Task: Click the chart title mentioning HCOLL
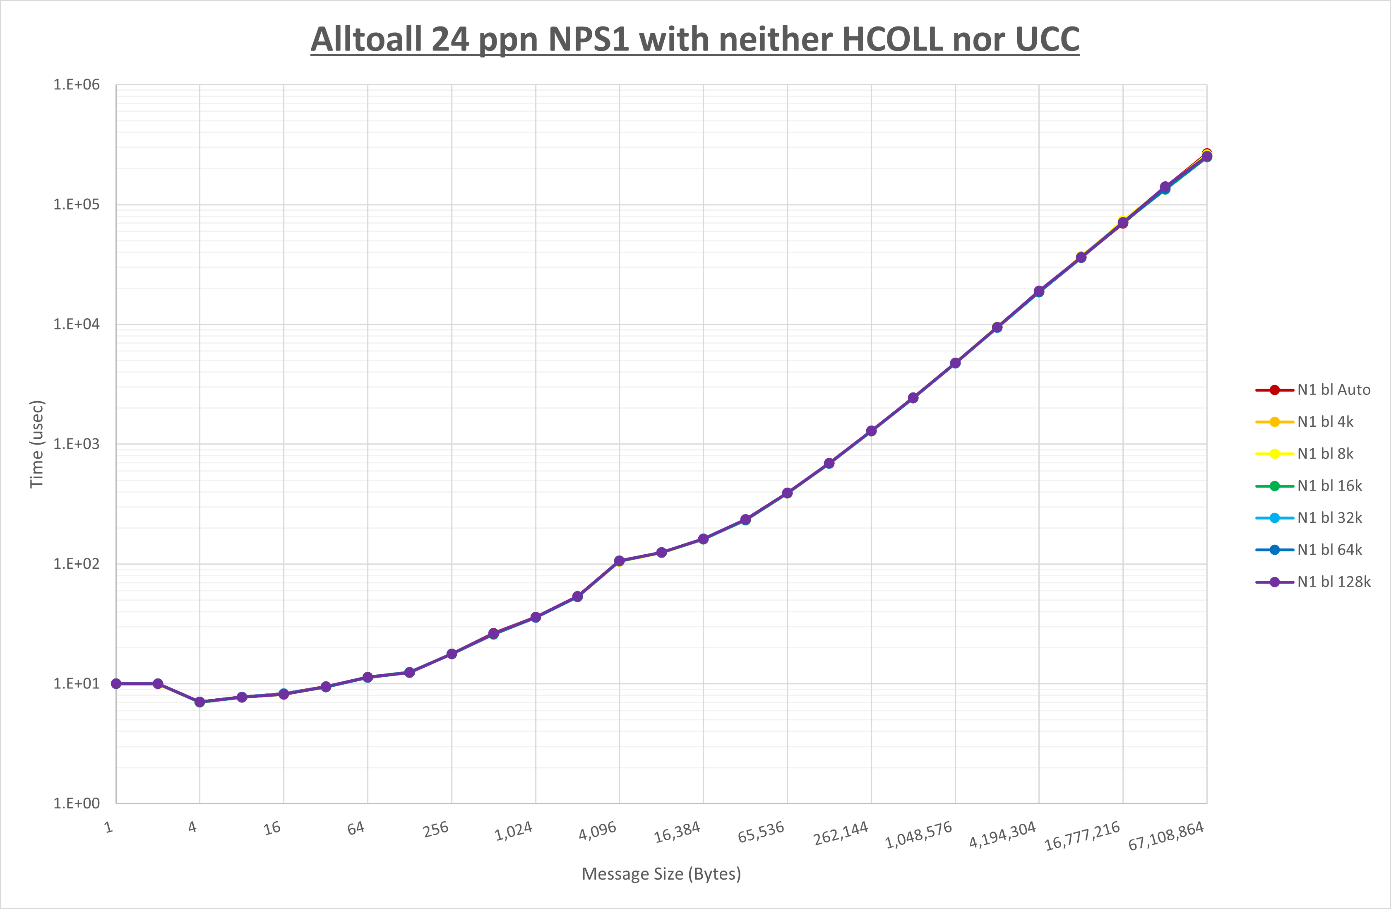pos(695,40)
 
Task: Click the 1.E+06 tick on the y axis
pos(77,85)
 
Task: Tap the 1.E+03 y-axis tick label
pos(77,444)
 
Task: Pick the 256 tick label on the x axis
pos(436,830)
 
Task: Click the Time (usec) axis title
pos(37,444)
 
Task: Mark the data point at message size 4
pos(200,702)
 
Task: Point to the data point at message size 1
pos(116,684)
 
